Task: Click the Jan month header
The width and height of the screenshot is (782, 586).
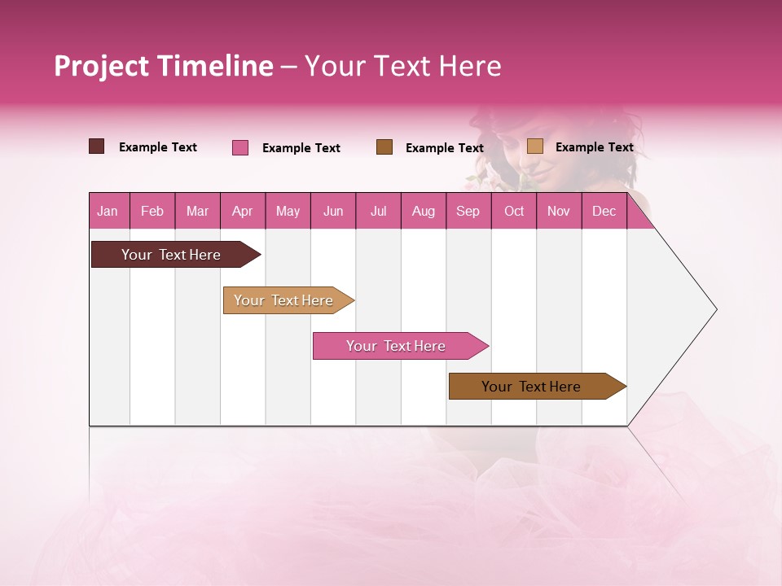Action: coord(108,211)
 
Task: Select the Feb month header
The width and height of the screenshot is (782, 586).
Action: coord(152,211)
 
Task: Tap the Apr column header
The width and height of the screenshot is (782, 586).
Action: coord(242,211)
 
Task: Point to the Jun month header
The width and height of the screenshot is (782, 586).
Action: coord(333,211)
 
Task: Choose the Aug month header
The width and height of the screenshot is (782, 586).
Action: coord(423,211)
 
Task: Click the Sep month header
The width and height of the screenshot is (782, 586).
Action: coord(468,211)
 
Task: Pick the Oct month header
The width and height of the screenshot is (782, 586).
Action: coord(514,211)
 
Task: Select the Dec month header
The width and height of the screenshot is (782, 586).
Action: coord(604,211)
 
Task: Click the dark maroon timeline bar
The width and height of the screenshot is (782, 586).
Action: coord(171,255)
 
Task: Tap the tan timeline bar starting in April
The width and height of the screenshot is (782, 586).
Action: coord(283,300)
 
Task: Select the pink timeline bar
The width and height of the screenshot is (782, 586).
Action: coord(396,346)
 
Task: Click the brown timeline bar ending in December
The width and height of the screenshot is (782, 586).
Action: coord(531,387)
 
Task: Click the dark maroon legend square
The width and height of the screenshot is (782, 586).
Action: coord(97,146)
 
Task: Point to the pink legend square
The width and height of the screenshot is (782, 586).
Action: coord(240,147)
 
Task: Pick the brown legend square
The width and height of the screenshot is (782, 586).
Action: coord(384,146)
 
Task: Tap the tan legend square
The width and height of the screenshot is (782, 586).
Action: coord(535,146)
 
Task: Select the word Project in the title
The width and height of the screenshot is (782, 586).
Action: coord(102,66)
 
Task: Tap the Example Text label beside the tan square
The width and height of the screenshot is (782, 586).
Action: coord(594,146)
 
